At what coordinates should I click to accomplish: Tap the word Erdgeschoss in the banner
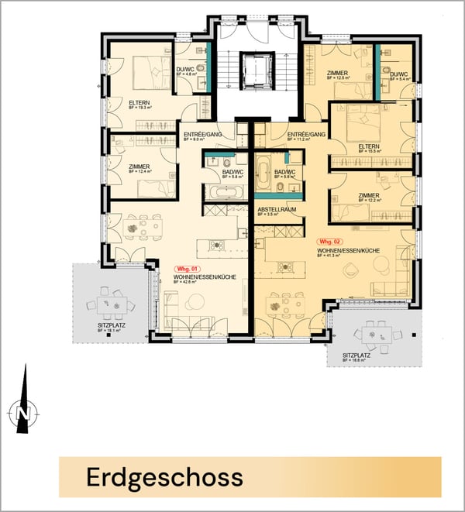165,475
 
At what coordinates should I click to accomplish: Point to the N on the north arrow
22,415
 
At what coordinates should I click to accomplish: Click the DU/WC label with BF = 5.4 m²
398,74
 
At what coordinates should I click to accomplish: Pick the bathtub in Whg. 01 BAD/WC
224,192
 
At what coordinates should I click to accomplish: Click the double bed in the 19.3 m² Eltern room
153,72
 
